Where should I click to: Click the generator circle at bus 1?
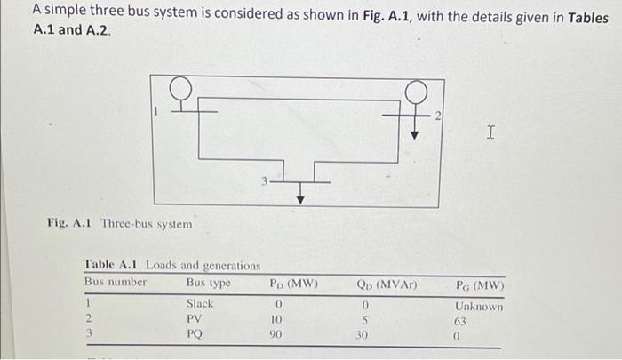[x=181, y=86]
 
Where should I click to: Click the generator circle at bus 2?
[x=414, y=90]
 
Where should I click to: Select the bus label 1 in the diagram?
[x=157, y=111]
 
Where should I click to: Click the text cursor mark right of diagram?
[x=490, y=133]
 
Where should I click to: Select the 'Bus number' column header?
[x=116, y=283]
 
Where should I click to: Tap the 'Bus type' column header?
[x=208, y=283]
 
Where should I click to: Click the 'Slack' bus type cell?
[x=200, y=303]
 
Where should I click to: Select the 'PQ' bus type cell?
[x=195, y=334]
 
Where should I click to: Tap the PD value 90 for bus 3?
[x=276, y=335]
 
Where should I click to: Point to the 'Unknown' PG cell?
[x=479, y=306]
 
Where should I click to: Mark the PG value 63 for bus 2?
[x=460, y=321]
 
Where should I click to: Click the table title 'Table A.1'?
[x=112, y=264]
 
